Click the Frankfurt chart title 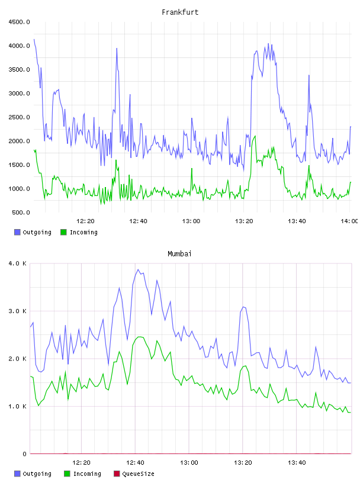pos(180,12)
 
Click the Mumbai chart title pos(179,253)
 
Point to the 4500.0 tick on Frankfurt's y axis pos(19,22)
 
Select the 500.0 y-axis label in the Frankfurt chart pos(21,212)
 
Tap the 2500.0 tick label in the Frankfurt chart pos(19,117)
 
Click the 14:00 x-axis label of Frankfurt pos(349,221)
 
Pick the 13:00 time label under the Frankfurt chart pos(191,221)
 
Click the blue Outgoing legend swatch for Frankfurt pos(17,232)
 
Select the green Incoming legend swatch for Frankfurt pos(63,232)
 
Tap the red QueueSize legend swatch pos(117,474)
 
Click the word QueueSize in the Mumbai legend pos(138,474)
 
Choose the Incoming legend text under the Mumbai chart pos(87,474)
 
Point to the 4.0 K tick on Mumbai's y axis pos(18,263)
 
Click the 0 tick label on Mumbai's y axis pos(24,454)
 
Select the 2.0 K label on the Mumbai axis pos(18,359)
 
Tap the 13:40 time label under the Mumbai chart pos(297,462)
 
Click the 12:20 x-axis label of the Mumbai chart pos(81,462)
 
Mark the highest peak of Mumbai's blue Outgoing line pos(138,269)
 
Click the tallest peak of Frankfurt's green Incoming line pos(255,136)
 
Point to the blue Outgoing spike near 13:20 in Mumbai pos(243,307)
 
